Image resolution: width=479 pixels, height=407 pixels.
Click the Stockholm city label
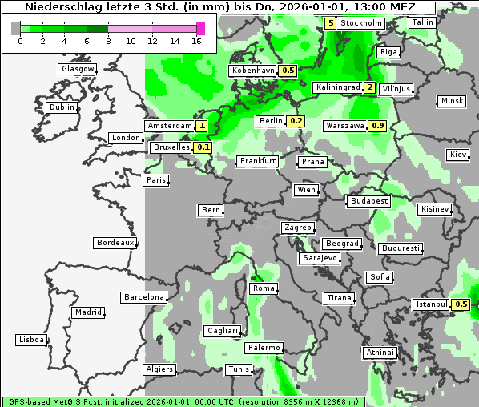click(360, 23)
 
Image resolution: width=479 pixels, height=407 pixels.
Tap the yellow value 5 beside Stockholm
click(331, 23)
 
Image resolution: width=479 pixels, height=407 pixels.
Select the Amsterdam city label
click(170, 126)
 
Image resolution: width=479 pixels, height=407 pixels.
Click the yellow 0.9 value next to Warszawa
click(379, 126)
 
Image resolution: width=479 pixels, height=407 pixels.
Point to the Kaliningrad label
click(337, 87)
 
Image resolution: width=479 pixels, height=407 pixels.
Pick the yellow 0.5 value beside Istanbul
click(461, 304)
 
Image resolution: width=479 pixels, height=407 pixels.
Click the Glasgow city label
click(78, 69)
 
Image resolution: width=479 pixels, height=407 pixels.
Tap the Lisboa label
click(31, 340)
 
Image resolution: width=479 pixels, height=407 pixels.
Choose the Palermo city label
click(263, 348)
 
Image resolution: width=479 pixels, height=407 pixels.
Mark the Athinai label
click(379, 353)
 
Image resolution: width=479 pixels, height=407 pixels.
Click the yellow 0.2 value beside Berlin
click(296, 121)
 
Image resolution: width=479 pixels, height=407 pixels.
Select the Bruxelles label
click(171, 147)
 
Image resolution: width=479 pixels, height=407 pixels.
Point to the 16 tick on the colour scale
click(196, 40)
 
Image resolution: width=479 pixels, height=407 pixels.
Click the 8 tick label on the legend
click(108, 40)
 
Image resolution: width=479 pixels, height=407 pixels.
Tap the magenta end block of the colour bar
click(200, 28)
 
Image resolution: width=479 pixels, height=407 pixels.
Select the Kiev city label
click(458, 154)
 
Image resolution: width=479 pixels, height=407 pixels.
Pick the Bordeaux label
click(115, 243)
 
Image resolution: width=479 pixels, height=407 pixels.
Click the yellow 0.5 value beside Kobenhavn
click(288, 71)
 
